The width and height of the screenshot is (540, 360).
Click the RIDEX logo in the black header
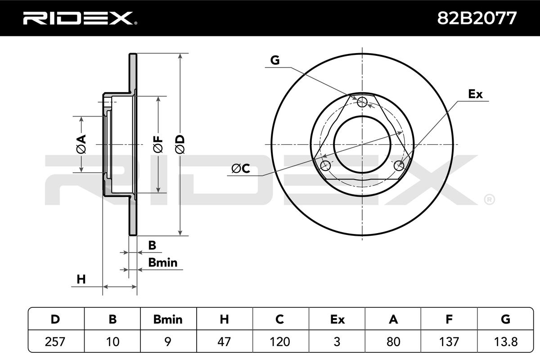point(80,18)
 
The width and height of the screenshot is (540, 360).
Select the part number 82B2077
point(477,18)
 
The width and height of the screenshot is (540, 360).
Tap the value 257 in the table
point(55,342)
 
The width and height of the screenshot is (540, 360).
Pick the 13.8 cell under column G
point(505,342)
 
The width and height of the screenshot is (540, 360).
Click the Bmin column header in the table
point(168,319)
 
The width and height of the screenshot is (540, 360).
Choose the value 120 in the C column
point(279,342)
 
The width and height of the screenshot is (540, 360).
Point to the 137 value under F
point(449,342)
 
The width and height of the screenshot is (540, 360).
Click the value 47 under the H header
point(224,342)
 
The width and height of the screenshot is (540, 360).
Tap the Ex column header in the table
point(337,319)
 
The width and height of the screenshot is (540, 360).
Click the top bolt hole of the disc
point(362,102)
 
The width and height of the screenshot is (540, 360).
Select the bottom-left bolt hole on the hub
point(325,166)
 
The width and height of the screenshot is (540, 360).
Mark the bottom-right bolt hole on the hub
point(399,166)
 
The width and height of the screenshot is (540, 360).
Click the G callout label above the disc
point(275,60)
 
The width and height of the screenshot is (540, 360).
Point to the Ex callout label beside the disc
point(475,94)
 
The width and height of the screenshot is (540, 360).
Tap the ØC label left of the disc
point(241,168)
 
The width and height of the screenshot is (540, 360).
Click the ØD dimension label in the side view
point(180,144)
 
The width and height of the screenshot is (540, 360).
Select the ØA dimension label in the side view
point(81,144)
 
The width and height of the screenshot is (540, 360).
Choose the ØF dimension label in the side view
point(158,144)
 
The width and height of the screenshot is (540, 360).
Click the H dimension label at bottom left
point(81,279)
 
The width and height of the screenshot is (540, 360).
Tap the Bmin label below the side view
point(163,263)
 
